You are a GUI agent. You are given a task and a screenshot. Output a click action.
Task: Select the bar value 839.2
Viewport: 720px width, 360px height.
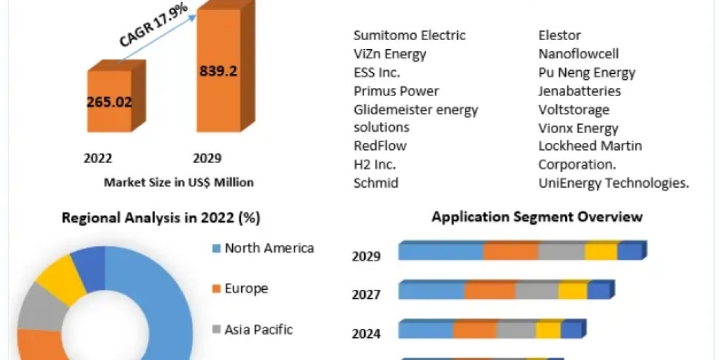tap(218, 71)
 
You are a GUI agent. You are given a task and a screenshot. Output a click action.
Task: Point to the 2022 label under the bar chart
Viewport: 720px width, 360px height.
tap(97, 158)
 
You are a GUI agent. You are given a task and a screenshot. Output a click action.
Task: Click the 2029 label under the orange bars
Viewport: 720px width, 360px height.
tap(206, 158)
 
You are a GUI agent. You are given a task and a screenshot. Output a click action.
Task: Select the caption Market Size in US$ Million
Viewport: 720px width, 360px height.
tap(179, 182)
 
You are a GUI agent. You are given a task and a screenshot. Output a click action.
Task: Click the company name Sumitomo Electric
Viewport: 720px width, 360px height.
tap(409, 35)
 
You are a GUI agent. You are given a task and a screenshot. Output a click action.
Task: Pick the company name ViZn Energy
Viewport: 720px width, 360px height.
tap(390, 54)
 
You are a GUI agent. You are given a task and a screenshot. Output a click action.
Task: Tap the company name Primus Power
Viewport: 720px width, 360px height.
tap(396, 91)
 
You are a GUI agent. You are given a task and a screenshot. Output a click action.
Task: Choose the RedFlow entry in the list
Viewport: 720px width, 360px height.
tap(380, 146)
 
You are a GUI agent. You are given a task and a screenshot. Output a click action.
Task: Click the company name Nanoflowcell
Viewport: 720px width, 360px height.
tap(578, 54)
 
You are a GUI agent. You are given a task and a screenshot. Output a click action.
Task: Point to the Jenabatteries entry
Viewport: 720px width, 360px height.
tap(580, 91)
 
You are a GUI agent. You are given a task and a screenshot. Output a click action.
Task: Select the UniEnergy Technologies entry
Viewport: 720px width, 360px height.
tap(614, 183)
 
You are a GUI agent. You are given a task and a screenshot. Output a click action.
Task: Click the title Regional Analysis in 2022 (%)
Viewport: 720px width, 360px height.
tap(161, 218)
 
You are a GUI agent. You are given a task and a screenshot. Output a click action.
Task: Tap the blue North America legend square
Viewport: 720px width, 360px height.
tap(217, 248)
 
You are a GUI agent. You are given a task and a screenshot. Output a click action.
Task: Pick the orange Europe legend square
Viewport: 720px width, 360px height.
tap(217, 289)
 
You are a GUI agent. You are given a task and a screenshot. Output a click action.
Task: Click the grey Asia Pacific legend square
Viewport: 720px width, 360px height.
tap(217, 329)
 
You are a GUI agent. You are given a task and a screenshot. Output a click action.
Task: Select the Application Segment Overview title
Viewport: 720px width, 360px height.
tap(537, 217)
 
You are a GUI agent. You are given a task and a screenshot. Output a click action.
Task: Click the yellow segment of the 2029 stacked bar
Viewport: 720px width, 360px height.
tap(601, 252)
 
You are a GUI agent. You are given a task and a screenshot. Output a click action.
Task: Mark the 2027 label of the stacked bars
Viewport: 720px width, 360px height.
tap(366, 295)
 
